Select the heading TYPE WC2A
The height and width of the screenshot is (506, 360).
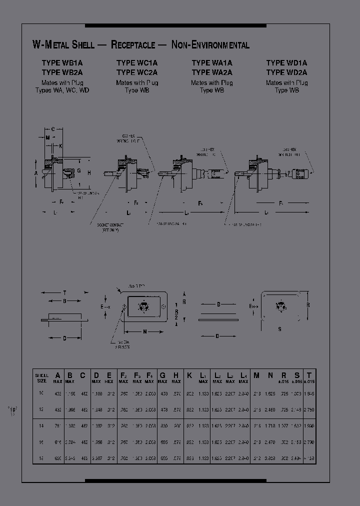(137, 72)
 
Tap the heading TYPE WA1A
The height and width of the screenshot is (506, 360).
(212, 63)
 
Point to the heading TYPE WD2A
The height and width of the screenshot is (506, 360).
(286, 72)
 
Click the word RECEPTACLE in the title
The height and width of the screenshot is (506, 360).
(132, 45)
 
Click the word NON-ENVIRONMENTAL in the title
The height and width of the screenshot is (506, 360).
(210, 45)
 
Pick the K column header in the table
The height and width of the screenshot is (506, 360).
(189, 375)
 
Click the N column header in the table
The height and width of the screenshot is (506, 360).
(270, 375)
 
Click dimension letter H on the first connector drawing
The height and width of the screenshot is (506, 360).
(88, 172)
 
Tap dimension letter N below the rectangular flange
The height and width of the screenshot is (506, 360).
(145, 331)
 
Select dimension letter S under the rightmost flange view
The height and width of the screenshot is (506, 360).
(279, 329)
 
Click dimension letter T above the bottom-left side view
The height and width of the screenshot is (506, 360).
(64, 292)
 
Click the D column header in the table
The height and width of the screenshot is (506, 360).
(96, 375)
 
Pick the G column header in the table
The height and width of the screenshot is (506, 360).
(162, 375)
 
